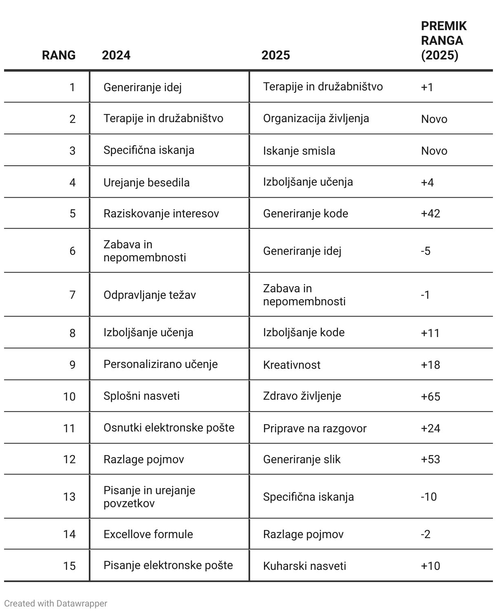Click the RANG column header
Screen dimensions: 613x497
pyautogui.click(x=59, y=55)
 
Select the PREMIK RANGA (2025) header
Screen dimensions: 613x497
pyautogui.click(x=443, y=41)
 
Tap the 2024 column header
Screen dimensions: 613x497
pyautogui.click(x=116, y=55)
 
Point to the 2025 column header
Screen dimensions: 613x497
pyautogui.click(x=276, y=55)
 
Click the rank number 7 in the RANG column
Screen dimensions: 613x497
pyautogui.click(x=73, y=295)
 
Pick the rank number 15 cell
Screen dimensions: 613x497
pyautogui.click(x=69, y=566)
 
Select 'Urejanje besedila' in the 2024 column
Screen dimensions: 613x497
pyautogui.click(x=146, y=182)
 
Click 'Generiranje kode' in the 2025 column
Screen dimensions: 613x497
pyautogui.click(x=306, y=214)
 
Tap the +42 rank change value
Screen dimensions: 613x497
pyautogui.click(x=430, y=214)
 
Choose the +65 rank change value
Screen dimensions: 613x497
pyautogui.click(x=430, y=396)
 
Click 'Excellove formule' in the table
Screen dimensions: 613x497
pyautogui.click(x=148, y=534)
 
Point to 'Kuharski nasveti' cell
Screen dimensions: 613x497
pyautogui.click(x=304, y=566)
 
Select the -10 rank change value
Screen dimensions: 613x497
pyautogui.click(x=429, y=497)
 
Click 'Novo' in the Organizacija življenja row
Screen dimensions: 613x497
pyautogui.click(x=434, y=119)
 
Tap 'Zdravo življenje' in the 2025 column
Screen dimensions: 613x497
pyautogui.click(x=302, y=396)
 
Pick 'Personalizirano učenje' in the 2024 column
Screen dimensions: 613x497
pyautogui.click(x=161, y=364)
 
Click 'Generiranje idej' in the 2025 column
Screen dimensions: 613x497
pyautogui.click(x=302, y=251)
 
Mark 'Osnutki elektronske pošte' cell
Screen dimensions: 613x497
pyautogui.click(x=169, y=428)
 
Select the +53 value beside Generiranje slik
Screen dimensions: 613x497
pyautogui.click(x=430, y=460)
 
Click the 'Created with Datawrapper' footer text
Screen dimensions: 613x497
pyautogui.click(x=56, y=603)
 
